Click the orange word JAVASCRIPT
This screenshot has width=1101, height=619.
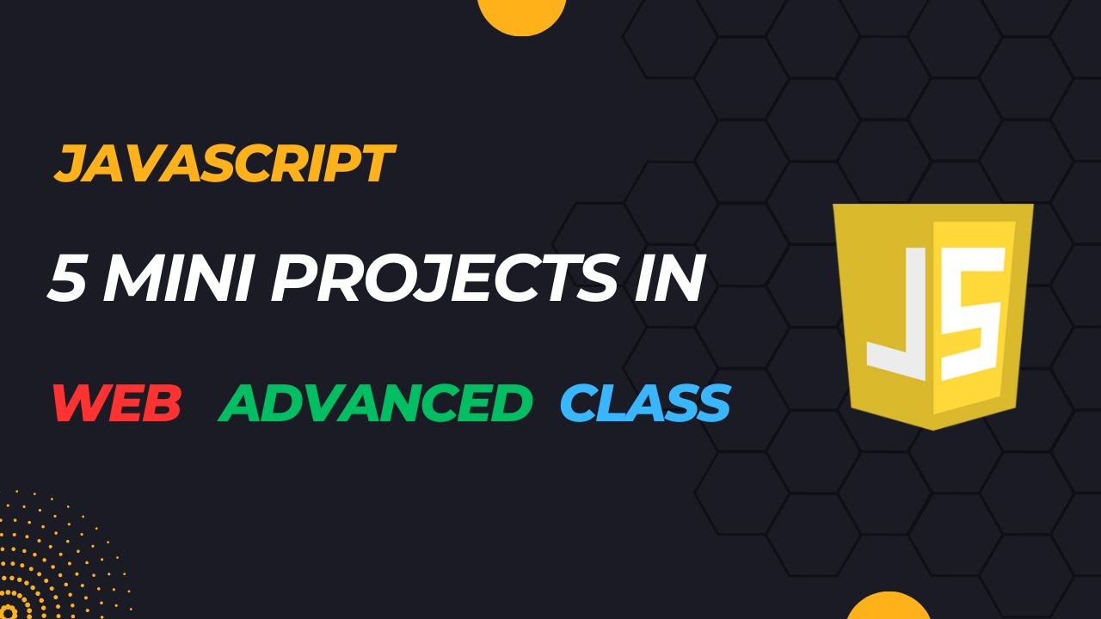(x=224, y=164)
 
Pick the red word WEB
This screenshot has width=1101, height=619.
(x=117, y=402)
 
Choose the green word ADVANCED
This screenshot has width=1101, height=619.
(x=375, y=402)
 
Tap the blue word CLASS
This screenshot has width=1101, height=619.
(x=645, y=402)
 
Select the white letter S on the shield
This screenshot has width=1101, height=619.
(x=972, y=314)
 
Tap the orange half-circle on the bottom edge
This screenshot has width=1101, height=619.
(x=888, y=606)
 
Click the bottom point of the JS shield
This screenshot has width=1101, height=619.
(x=932, y=428)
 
